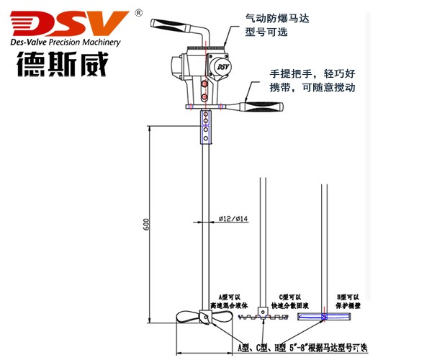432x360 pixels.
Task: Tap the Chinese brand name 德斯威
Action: tap(61, 66)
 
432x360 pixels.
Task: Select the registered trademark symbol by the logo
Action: tap(138, 12)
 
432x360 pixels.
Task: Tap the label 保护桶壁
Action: tap(350, 304)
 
